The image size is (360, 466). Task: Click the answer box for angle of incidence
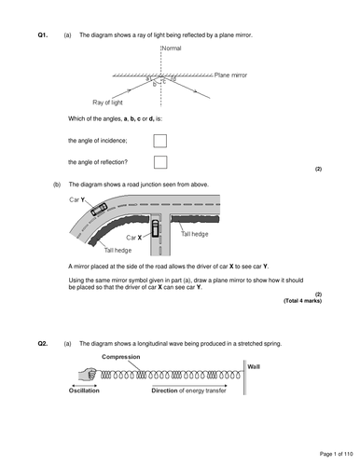pos(159,141)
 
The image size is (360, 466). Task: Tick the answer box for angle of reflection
pos(160,162)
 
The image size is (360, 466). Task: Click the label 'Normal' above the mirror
pos(172,48)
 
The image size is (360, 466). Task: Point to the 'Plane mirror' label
pos(230,75)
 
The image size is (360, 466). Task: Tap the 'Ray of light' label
pos(107,103)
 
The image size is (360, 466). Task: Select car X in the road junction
pos(155,228)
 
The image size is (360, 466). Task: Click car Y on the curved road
pos(99,209)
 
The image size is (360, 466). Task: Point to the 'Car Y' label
pos(77,199)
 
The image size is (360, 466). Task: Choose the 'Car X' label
pos(134,238)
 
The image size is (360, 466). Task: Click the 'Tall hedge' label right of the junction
pos(195,234)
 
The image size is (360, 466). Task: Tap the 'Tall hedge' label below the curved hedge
pos(118,251)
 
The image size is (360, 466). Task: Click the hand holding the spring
pos(88,374)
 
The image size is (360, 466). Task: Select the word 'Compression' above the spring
pos(121,357)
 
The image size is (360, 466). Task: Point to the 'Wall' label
pos(254,367)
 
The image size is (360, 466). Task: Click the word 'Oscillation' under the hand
pos(84,391)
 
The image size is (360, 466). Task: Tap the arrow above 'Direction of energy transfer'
pos(189,386)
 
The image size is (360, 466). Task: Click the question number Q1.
pos(43,35)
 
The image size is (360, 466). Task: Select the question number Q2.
pos(43,344)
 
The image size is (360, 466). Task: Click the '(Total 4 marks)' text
pos(302,301)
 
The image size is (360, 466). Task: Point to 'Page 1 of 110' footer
pos(337,454)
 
